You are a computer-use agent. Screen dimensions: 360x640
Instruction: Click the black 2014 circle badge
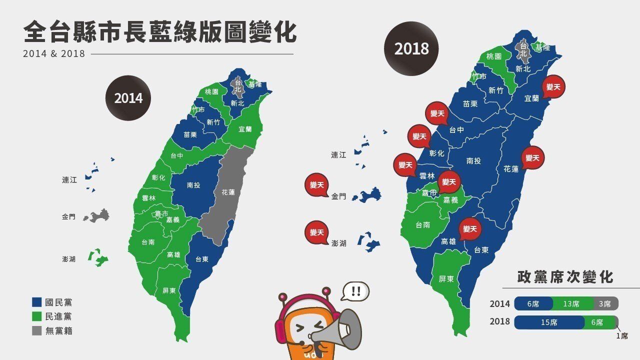pyautogui.click(x=128, y=98)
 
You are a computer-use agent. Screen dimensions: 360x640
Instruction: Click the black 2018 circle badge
pyautogui.click(x=411, y=48)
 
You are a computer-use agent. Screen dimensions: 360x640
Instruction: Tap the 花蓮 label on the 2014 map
pyautogui.click(x=228, y=192)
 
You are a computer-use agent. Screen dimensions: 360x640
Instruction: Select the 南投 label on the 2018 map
pyautogui.click(x=473, y=161)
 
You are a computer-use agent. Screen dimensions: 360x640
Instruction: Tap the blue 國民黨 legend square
pyautogui.click(x=36, y=302)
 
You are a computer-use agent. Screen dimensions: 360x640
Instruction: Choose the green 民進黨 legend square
pyautogui.click(x=36, y=316)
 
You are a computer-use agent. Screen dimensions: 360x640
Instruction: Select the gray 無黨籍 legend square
pyautogui.click(x=36, y=330)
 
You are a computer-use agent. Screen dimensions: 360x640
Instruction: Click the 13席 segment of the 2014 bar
pyautogui.click(x=571, y=303)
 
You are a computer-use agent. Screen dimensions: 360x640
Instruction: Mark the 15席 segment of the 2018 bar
pyautogui.click(x=548, y=322)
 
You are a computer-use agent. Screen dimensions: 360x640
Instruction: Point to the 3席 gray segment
pyautogui.click(x=605, y=303)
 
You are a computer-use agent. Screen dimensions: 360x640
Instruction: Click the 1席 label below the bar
pyautogui.click(x=621, y=336)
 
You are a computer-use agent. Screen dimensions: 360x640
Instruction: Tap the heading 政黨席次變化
pyautogui.click(x=565, y=276)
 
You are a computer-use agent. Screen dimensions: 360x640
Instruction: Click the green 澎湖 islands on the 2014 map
pyautogui.click(x=98, y=257)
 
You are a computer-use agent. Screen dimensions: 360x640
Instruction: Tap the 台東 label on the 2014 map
pyautogui.click(x=201, y=259)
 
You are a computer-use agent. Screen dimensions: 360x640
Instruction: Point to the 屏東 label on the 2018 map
pyautogui.click(x=446, y=279)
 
